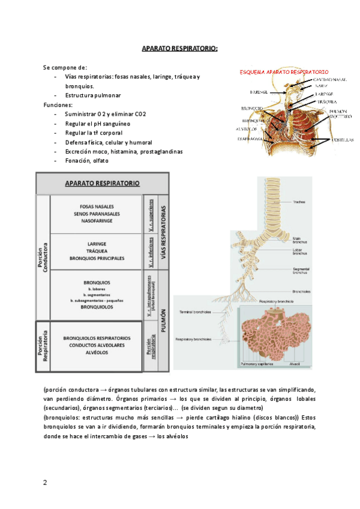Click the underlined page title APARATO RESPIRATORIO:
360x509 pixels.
[179, 47]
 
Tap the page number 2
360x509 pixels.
[45, 483]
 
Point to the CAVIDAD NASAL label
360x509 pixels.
[330, 79]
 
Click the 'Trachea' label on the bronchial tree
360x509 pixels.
[300, 202]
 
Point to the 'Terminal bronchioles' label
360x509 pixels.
[194, 312]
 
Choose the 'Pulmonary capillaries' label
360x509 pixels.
[257, 364]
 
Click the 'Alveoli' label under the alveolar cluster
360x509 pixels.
[295, 364]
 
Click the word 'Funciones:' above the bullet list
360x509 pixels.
[58, 104]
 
